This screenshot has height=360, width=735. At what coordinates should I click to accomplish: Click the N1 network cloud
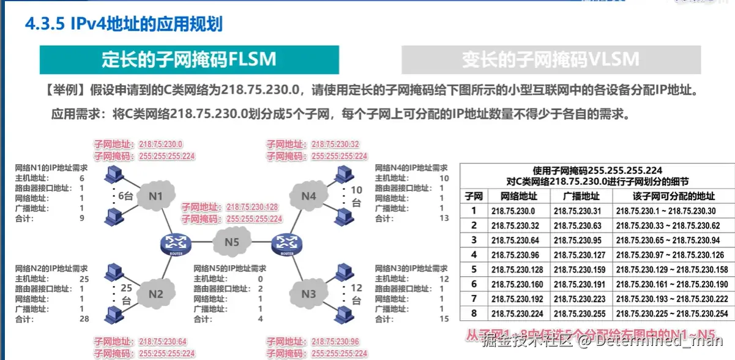(x=155, y=197)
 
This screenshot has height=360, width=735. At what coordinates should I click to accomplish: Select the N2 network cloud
(x=156, y=294)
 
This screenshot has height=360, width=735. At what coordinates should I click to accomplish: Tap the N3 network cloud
(x=309, y=294)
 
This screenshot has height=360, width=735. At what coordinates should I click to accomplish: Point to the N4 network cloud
(x=309, y=197)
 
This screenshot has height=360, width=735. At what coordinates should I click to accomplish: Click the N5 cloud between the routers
(x=231, y=241)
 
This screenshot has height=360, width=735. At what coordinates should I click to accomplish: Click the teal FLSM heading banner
(x=189, y=59)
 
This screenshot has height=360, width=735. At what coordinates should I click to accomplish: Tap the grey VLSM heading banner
(x=551, y=59)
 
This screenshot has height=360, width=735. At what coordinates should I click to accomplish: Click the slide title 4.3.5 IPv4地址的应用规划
(x=123, y=24)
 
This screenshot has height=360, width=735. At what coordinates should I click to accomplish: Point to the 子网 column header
(x=473, y=196)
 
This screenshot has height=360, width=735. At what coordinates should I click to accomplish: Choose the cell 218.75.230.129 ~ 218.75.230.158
(x=672, y=270)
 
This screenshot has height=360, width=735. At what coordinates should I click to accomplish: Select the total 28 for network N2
(x=84, y=319)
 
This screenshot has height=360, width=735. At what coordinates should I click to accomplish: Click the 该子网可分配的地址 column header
(x=672, y=196)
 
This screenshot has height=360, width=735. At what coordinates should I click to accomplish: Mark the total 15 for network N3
(x=444, y=319)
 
